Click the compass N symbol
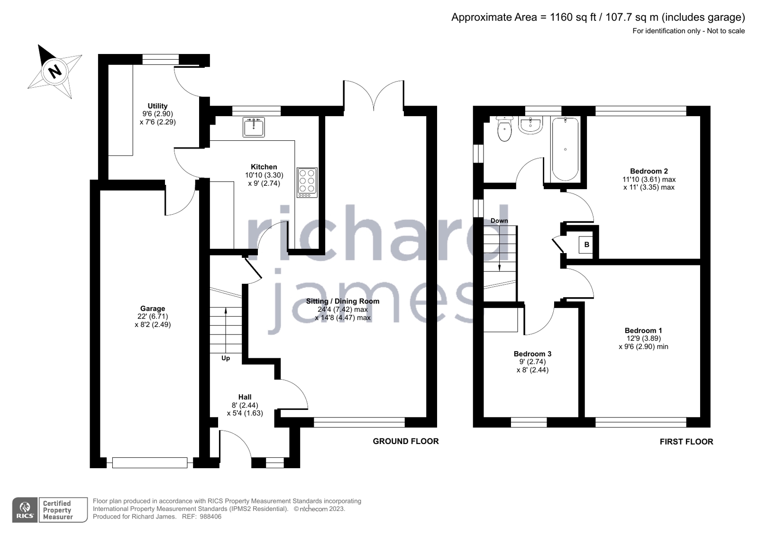coord(55,72)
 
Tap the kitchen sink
coord(254,127)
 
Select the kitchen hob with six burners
coord(307,182)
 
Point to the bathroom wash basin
coord(530,126)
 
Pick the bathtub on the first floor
coord(565,149)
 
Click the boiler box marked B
coord(586,245)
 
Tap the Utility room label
coord(157,106)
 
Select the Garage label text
coord(152,309)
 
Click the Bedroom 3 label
coord(532,354)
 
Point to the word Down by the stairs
coord(499,221)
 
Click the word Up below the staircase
coord(226,358)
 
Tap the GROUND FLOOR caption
coord(405,441)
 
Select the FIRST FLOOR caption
coord(686,442)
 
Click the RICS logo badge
coord(25,510)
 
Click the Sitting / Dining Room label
coord(342,301)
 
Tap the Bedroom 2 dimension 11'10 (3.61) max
coord(648,180)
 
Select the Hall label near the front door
coord(245,397)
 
